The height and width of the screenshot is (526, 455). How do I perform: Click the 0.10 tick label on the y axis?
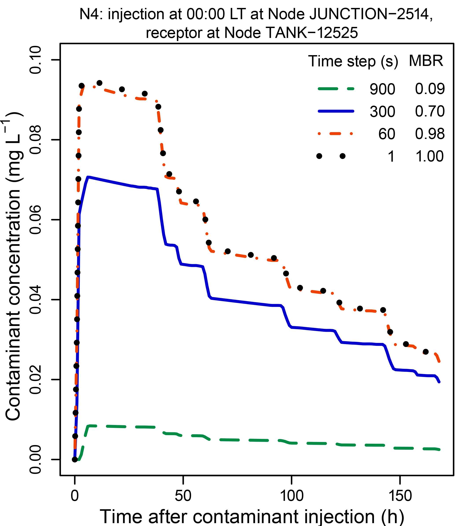(x=35, y=60)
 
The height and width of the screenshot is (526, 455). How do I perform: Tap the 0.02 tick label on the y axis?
(x=35, y=380)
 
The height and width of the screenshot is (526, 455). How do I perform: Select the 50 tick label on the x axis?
(x=183, y=496)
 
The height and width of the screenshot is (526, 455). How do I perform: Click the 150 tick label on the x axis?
(x=400, y=496)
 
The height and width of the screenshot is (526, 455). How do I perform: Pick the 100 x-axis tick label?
(x=292, y=496)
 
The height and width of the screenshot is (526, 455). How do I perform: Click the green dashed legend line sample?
(x=336, y=89)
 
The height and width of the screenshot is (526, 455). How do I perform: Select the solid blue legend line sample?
(x=336, y=111)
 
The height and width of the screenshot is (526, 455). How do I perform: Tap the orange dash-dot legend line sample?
(x=336, y=133)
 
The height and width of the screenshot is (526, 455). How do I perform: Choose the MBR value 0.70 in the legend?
(x=430, y=111)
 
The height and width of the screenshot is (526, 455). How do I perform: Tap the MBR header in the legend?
(x=426, y=61)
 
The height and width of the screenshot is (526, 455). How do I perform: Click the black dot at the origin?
(x=75, y=459)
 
